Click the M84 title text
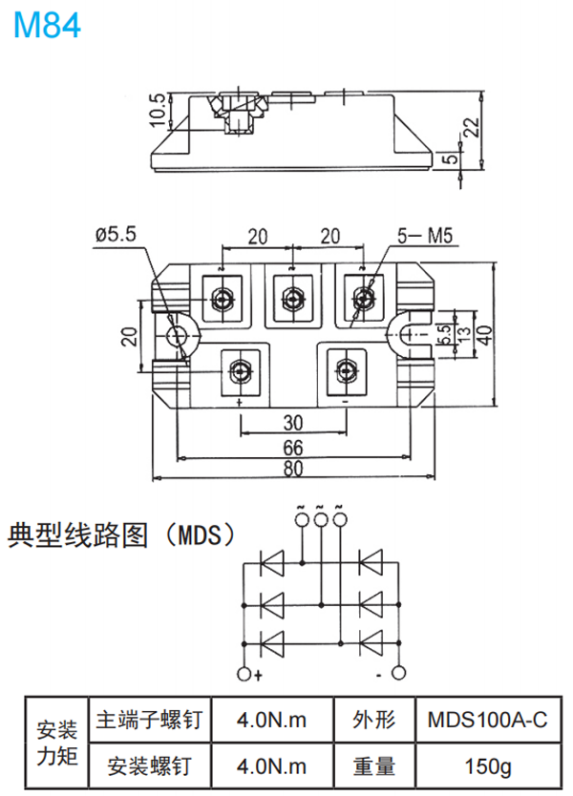47,25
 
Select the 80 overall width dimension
292,470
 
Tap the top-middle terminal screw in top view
292,299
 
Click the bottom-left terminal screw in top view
239,368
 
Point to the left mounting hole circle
178,335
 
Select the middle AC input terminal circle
321,518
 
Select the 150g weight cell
487,765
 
